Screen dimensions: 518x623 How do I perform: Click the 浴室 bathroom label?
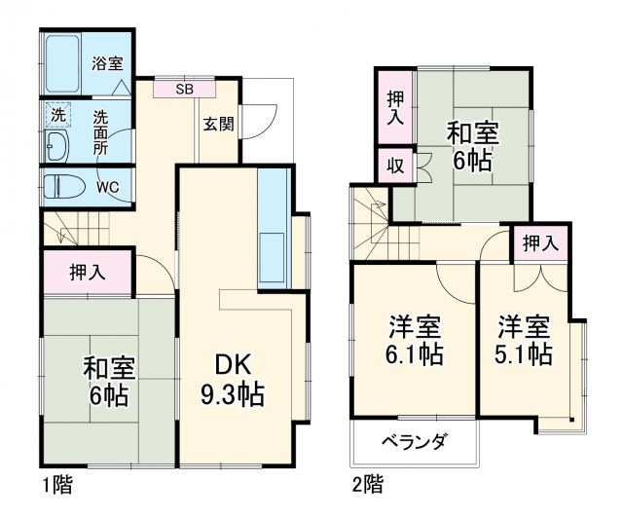107,64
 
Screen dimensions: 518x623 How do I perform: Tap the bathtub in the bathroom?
65,64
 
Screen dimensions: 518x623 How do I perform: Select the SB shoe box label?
184,90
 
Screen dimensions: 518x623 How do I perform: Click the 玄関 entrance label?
217,124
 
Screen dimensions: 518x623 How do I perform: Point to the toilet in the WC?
66,185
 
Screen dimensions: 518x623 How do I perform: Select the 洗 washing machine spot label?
57,115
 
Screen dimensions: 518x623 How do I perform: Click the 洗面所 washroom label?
101,131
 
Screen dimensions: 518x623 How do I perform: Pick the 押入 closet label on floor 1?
89,273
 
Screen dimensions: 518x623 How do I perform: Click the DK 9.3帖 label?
234,380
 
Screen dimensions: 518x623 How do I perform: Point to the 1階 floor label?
56,483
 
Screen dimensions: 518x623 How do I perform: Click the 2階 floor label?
368,483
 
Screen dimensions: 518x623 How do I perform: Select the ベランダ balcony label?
413,443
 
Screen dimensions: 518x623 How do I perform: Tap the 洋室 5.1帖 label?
526,338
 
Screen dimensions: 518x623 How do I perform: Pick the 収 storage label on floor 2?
395,164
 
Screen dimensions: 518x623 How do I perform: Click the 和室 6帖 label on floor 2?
471,142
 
